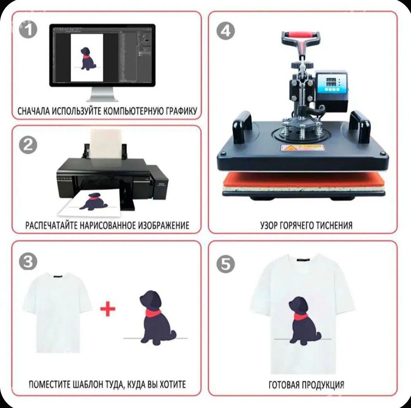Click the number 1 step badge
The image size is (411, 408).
tap(28, 30)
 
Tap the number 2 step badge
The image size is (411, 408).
tap(28, 144)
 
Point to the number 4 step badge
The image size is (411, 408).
tap(226, 30)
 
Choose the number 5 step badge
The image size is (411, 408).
tap(226, 264)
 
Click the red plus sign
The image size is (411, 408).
tap(108, 309)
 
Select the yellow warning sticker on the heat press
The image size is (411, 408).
tap(302, 147)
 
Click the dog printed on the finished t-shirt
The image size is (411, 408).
tap(304, 321)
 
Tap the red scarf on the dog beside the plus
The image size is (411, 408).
tap(153, 312)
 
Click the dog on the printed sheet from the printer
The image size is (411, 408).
tap(93, 201)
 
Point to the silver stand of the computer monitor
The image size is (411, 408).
tap(102, 94)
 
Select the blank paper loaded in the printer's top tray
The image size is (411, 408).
tap(105, 144)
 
